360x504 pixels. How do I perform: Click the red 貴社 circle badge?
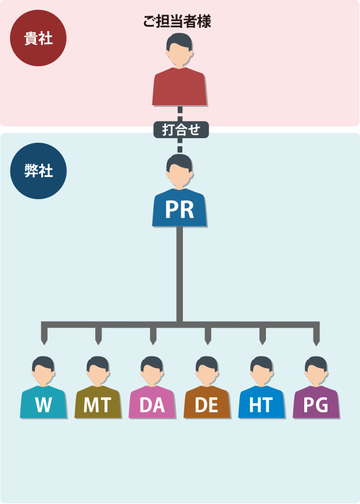coord(38,38)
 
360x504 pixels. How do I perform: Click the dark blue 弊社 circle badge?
coord(38,171)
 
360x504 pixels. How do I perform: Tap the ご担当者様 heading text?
coord(177,22)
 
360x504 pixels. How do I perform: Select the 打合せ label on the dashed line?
coord(181,129)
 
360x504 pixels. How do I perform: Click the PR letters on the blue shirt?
coord(179,210)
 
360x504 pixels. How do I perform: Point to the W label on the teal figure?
coord(44,405)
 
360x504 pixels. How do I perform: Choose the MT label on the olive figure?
coord(98,405)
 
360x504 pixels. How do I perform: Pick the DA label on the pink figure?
coord(152,405)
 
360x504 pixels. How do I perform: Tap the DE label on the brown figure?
coord(207,405)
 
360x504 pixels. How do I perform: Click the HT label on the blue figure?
coord(261,405)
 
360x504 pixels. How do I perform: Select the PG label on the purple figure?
coord(316,405)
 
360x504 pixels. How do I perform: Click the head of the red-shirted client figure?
coord(179,49)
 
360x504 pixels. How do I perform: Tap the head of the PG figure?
coord(316,370)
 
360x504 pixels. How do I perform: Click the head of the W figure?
coord(44,370)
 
